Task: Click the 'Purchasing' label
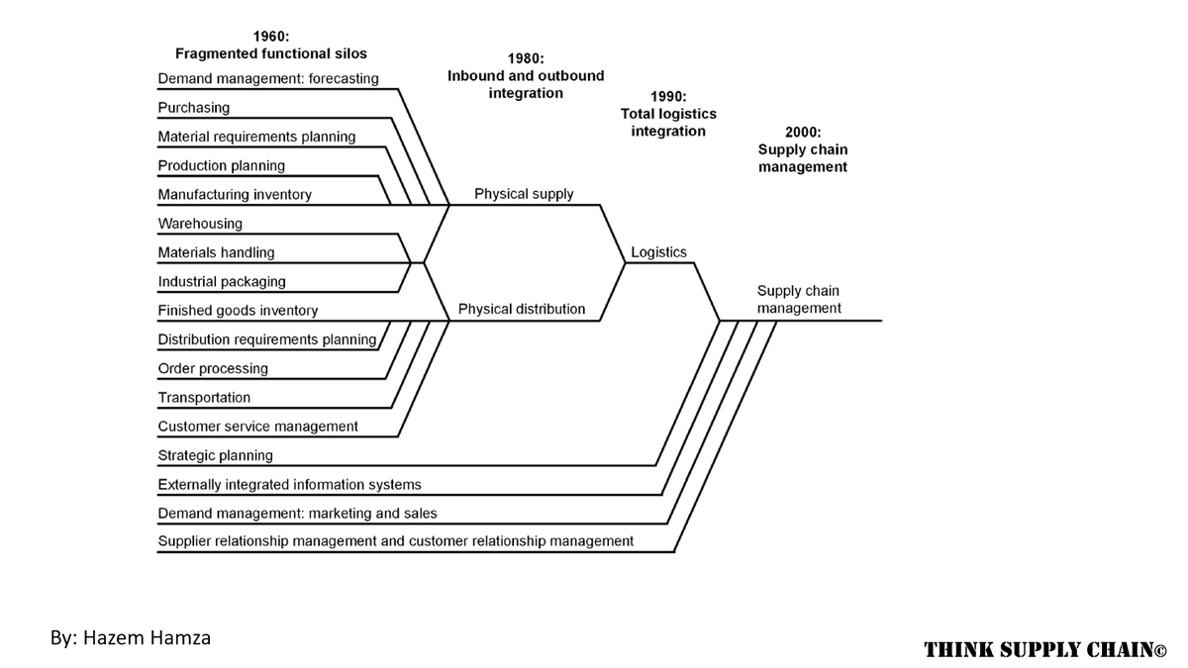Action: (x=194, y=108)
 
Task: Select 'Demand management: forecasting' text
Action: (x=268, y=79)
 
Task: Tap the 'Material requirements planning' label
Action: (x=256, y=137)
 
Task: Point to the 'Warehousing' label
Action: (x=200, y=224)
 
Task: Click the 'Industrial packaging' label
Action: (x=222, y=282)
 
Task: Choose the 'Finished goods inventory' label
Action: (x=238, y=311)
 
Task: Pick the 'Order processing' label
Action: (x=213, y=369)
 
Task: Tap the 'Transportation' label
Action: (x=204, y=398)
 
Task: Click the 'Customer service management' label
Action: (x=257, y=427)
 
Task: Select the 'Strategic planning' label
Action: (x=215, y=456)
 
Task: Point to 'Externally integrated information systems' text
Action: (x=289, y=485)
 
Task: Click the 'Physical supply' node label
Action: (x=524, y=194)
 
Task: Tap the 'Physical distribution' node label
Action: (x=522, y=310)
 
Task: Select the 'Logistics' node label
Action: (x=658, y=252)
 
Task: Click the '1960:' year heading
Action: (x=270, y=36)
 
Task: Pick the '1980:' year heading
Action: (x=525, y=58)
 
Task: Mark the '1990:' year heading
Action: (x=668, y=96)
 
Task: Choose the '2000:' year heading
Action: (x=802, y=132)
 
